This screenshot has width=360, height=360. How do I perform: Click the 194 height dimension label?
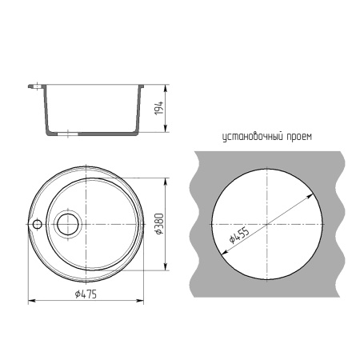pyautogui.click(x=159, y=108)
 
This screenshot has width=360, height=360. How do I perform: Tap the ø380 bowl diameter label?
pyautogui.click(x=159, y=224)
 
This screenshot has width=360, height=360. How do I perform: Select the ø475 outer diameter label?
pyautogui.click(x=86, y=294)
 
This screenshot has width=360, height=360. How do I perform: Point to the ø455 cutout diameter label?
pyautogui.click(x=239, y=235)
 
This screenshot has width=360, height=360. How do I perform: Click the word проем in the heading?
pyautogui.click(x=299, y=137)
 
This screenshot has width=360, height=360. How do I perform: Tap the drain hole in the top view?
pyautogui.click(x=68, y=224)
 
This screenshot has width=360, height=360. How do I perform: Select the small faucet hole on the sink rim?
pyautogui.click(x=37, y=224)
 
